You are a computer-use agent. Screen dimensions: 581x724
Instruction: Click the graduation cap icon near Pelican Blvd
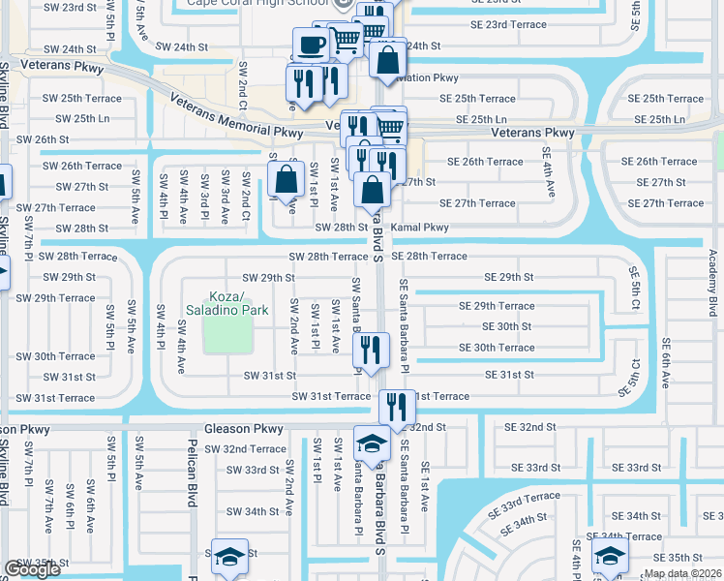(x=229, y=557)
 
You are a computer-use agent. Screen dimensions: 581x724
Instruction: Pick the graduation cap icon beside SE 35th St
(x=610, y=556)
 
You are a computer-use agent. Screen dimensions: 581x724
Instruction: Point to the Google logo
(x=32, y=570)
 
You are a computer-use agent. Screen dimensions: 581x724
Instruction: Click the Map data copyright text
(x=683, y=573)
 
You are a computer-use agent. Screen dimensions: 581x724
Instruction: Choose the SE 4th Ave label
(x=548, y=169)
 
